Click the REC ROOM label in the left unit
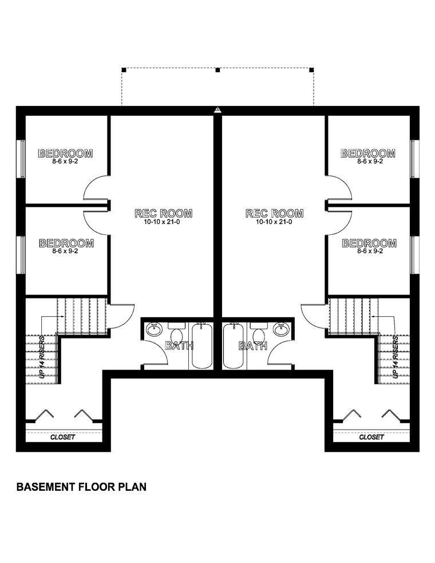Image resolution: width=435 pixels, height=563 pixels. tap(163, 213)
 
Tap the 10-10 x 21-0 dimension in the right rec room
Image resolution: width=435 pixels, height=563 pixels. tap(274, 222)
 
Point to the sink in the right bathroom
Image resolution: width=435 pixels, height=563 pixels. tap(280, 330)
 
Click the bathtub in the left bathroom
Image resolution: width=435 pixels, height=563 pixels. tap(201, 345)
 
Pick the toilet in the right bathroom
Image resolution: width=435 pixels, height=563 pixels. tap(258, 333)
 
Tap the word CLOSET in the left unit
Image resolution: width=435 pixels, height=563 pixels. tap(63, 437)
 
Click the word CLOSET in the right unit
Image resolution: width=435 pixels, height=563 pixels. tap(371, 437)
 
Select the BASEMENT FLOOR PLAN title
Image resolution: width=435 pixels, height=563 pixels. tap(81, 487)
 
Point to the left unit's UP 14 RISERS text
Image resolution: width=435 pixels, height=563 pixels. tap(42, 357)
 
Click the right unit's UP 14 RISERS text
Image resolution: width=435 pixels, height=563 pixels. tap(396, 357)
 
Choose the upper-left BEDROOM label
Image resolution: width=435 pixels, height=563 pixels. tap(65, 153)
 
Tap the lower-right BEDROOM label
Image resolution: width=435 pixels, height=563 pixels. tap(369, 243)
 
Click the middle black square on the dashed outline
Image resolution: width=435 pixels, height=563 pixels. tap(217, 70)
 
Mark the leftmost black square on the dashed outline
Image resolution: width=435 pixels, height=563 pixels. tap(124, 69)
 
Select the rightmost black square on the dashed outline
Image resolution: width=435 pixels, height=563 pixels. tap(311, 69)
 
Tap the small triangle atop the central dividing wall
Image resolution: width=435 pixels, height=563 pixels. tap(217, 110)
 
